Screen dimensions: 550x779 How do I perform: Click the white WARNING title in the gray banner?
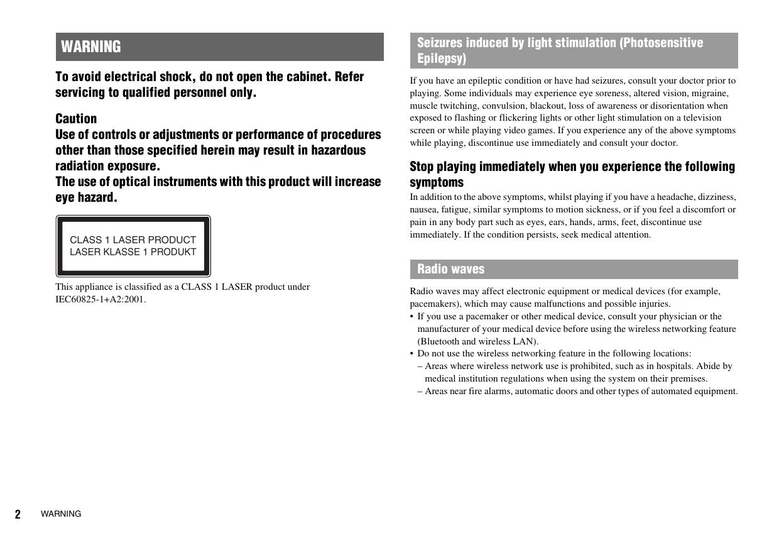[x=91, y=47]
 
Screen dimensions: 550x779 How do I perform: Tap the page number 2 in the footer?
[x=18, y=515]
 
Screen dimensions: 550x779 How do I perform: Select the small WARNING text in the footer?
[x=61, y=514]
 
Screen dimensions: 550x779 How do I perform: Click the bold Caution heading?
[x=76, y=119]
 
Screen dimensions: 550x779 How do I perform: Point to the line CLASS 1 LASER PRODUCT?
[x=133, y=240]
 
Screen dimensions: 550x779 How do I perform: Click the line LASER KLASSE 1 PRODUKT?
[x=133, y=252]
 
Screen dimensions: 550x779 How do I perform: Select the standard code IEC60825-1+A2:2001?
[x=100, y=299]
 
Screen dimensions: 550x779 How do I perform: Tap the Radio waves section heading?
[x=450, y=269]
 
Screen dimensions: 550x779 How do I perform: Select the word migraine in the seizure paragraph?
[x=710, y=93]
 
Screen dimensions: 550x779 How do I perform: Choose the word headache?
[x=675, y=197]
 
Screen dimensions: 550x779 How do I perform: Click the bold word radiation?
[x=79, y=166]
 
